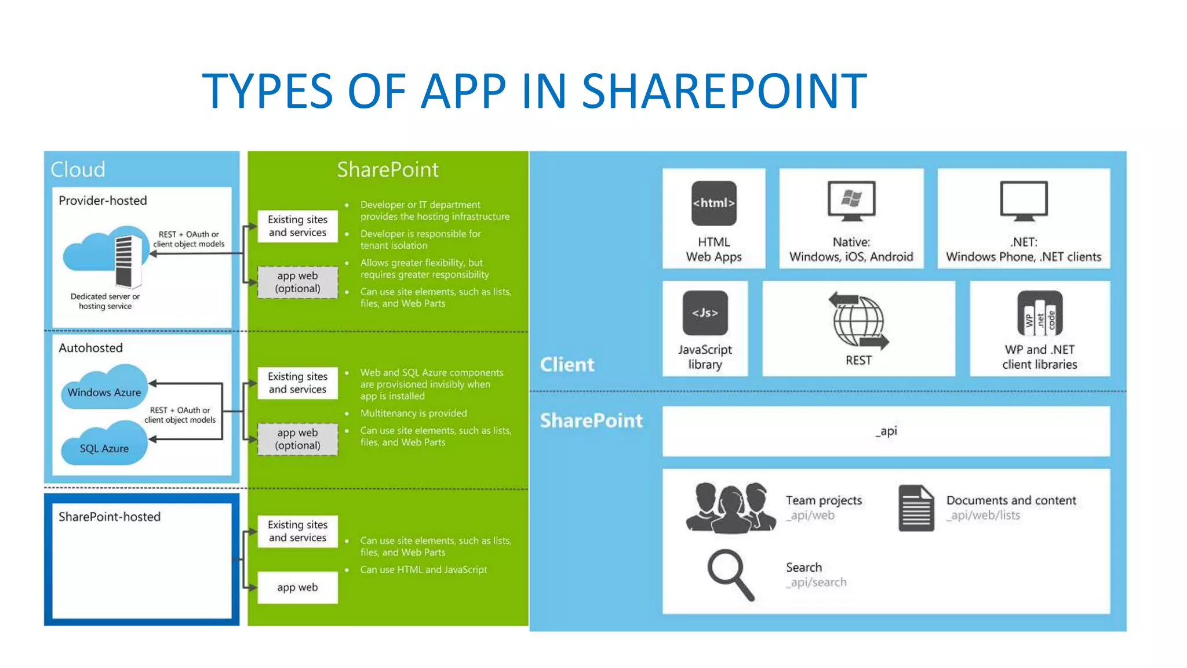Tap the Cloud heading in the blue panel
78,169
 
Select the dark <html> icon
713,203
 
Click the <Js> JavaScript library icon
705,313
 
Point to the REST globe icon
858,321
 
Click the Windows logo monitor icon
851,201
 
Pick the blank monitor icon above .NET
1024,201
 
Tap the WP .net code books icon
1040,314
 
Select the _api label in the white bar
886,431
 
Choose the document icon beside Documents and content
916,508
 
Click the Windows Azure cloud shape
104,389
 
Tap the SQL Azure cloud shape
104,445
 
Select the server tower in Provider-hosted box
128,261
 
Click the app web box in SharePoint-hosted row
297,587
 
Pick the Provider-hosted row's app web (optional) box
297,282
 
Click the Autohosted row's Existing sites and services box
297,383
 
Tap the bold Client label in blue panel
567,364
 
